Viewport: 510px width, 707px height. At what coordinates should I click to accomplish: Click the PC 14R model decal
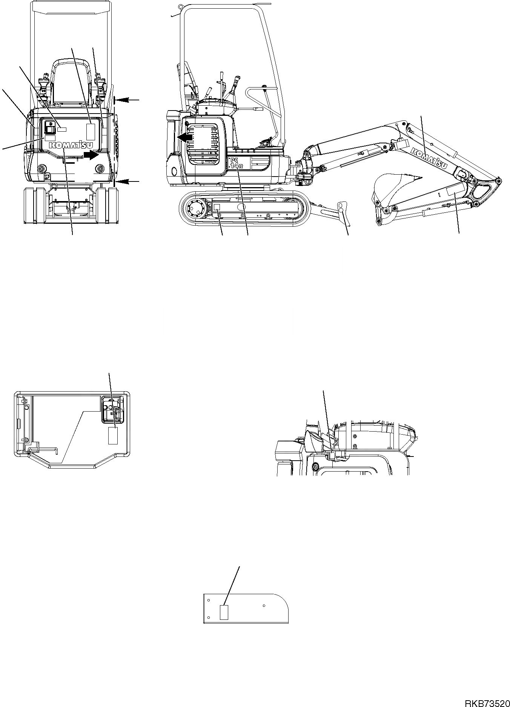[x=237, y=165]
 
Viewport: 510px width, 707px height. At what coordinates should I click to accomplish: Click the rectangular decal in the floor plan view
[x=113, y=436]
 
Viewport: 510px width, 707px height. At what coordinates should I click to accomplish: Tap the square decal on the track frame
[x=217, y=207]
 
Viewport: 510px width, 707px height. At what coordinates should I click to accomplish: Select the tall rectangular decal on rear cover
[x=91, y=131]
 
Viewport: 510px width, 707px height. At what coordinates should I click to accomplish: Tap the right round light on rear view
[x=100, y=169]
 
